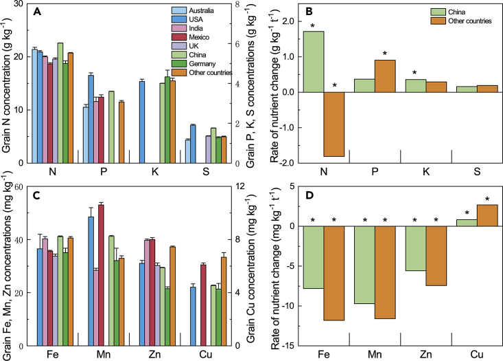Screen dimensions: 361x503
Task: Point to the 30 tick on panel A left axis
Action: (x=21, y=4)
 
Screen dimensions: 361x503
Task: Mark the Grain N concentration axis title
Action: (x=7, y=83)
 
